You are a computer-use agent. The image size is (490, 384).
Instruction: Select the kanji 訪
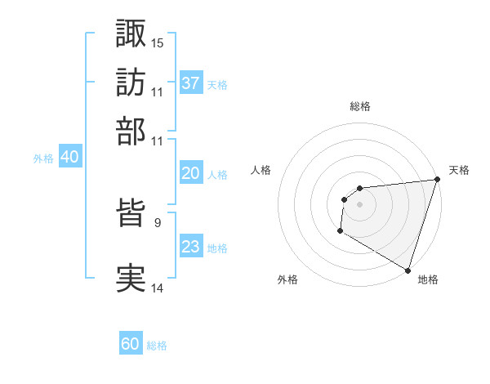coord(131,83)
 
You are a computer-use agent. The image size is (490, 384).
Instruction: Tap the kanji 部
coord(131,131)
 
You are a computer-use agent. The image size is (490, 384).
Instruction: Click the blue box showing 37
coord(191,83)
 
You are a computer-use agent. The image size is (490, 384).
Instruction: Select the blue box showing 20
coord(191,173)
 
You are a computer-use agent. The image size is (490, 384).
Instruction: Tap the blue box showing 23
coord(191,247)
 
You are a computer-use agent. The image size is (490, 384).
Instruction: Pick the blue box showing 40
coord(69,158)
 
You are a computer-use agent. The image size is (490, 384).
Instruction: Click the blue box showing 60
coord(131,344)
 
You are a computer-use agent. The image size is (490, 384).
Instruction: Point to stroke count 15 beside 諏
coord(158,42)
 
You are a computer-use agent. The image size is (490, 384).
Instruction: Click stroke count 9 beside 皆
coord(157,221)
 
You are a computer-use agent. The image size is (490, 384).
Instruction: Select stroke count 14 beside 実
coord(158,287)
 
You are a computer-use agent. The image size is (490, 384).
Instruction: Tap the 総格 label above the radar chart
coord(359,106)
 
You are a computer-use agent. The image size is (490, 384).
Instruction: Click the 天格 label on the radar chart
coord(459,170)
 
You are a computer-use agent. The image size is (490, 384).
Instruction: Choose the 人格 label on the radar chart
coord(261,170)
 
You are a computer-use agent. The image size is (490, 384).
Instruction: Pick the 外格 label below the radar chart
coord(287,279)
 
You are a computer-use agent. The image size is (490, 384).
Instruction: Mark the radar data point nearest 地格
coord(408,270)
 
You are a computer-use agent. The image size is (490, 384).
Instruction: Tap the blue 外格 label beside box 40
coord(43,159)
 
